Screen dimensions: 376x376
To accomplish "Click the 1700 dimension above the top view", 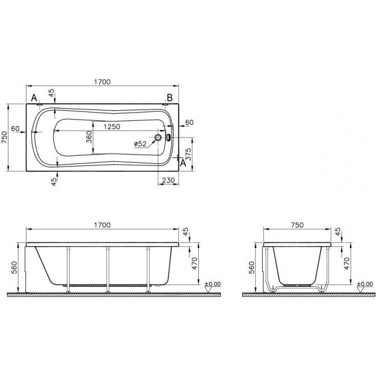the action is click(102, 82).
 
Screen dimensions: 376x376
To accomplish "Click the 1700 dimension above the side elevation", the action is click(102, 225).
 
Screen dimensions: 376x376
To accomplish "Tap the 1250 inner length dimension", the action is click(112, 127).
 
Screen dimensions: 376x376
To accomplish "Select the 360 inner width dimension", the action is click(89, 137).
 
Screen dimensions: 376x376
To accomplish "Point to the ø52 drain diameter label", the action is click(140, 144).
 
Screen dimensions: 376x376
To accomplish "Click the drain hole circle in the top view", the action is click(158, 137).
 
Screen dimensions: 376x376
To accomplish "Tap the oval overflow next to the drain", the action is click(169, 137).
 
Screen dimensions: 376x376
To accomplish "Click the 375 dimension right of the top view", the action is click(189, 154).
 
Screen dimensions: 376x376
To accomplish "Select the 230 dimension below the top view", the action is click(169, 180).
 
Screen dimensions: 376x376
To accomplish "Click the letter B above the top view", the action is click(170, 98).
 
